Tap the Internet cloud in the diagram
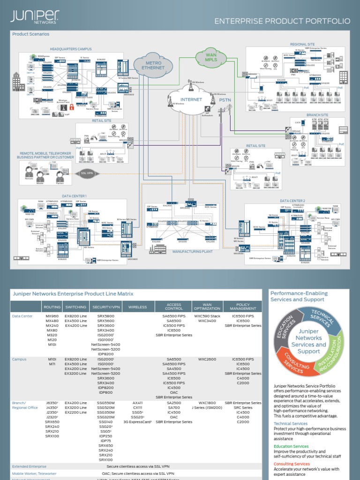(191, 100)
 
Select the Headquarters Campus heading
(71, 49)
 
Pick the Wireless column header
(138, 307)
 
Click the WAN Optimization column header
(207, 307)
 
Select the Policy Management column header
(243, 307)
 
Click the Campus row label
(20, 359)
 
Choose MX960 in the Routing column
(52, 316)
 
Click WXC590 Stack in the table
(207, 316)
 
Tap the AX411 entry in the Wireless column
(138, 403)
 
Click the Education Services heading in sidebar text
(291, 446)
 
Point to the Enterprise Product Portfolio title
(282, 21)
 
